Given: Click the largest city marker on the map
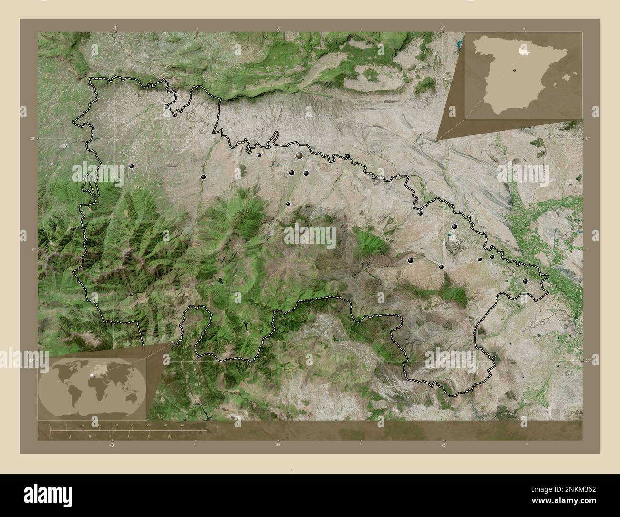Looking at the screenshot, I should pos(300,155).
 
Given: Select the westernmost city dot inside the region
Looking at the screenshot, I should pos(132,166).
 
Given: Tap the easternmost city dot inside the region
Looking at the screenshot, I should pos(525,281).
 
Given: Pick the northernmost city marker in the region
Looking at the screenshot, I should pos(167,106).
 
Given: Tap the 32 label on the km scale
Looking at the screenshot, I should pos(182,424).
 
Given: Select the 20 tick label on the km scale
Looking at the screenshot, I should pos(132,424).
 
